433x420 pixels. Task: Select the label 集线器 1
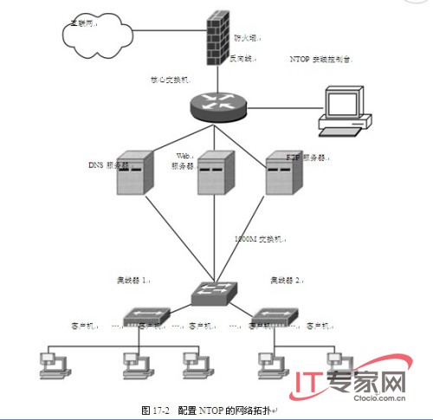click(134, 281)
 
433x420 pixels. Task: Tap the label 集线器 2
click(288, 281)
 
